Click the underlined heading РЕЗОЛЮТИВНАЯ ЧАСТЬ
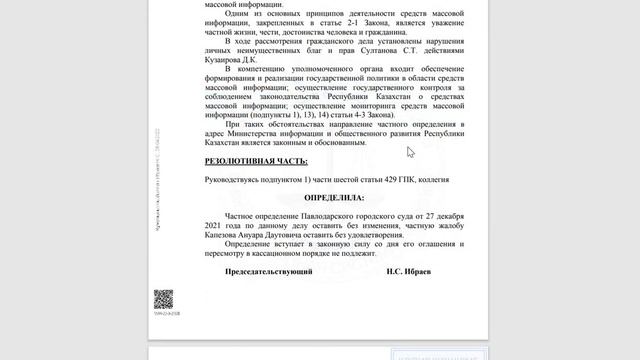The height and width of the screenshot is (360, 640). (x=256, y=161)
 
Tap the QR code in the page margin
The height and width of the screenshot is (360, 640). (x=163, y=298)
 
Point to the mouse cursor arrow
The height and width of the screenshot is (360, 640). (x=410, y=152)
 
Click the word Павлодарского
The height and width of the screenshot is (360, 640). (x=326, y=216)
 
